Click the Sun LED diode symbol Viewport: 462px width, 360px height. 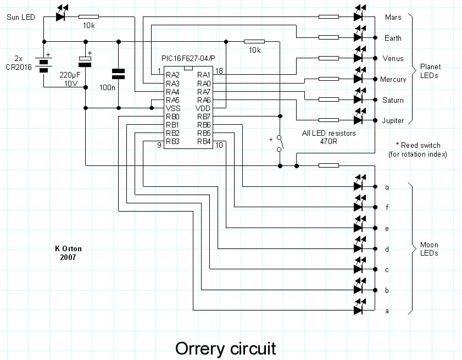pos(62,16)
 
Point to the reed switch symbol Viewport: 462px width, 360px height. pos(280,142)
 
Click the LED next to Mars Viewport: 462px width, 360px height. pos(359,16)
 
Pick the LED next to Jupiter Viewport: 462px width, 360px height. pos(359,120)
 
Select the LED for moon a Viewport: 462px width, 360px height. pos(359,311)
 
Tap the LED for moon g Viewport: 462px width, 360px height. pos(359,186)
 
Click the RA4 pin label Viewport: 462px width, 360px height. pos(172,92)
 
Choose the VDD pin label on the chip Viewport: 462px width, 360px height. pos(204,108)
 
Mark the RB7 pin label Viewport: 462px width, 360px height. pos(204,117)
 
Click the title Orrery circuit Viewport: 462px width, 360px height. pos(225,348)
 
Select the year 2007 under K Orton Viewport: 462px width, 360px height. pos(69,257)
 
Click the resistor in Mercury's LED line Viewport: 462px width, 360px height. pos(329,79)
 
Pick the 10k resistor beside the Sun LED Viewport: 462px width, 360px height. pos(88,16)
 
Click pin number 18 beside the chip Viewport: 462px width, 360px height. pos(219,71)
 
